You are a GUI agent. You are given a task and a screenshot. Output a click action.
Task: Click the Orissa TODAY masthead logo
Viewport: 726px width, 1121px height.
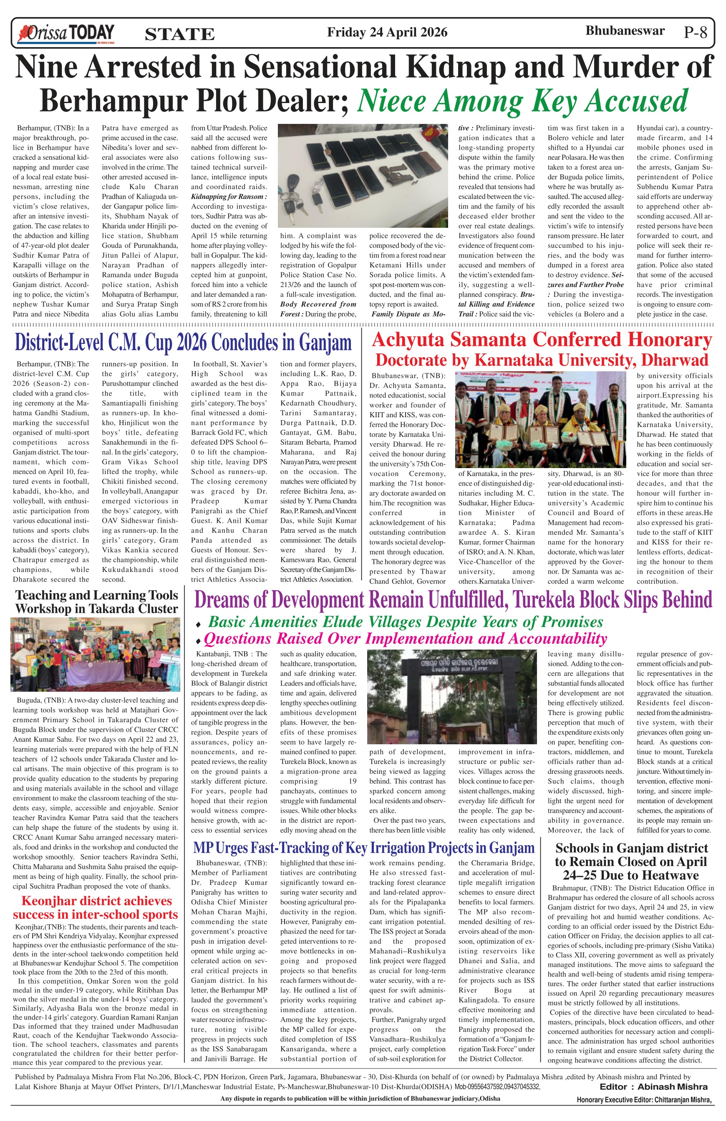click(x=66, y=33)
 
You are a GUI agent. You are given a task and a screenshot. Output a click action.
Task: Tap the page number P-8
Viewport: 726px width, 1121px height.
click(x=696, y=33)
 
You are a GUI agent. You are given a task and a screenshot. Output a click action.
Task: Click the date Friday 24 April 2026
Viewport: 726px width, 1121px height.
click(x=387, y=32)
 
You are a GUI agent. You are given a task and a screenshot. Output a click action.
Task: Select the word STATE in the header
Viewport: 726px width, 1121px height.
click(x=179, y=34)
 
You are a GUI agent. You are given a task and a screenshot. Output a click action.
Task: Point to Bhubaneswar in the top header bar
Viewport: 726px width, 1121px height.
click(x=625, y=31)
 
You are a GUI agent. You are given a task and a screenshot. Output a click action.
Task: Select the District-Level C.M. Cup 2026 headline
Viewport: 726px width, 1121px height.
click(x=183, y=343)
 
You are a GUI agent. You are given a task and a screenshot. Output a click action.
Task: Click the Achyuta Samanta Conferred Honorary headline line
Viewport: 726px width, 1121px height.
click(x=542, y=340)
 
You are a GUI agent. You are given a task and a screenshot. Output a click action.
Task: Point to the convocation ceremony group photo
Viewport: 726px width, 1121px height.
click(x=540, y=419)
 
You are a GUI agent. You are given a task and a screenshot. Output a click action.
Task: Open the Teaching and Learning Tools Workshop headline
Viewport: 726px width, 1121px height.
click(x=96, y=602)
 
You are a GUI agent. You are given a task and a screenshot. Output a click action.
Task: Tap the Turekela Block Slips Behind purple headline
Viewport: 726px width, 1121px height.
click(x=453, y=600)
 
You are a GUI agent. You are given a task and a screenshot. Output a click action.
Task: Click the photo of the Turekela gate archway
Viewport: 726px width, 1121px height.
click(x=451, y=696)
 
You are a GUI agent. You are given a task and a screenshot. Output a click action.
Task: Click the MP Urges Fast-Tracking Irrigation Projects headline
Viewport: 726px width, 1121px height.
click(x=364, y=848)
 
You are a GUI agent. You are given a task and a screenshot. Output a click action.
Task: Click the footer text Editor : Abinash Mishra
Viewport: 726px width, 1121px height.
click(x=653, y=1087)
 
